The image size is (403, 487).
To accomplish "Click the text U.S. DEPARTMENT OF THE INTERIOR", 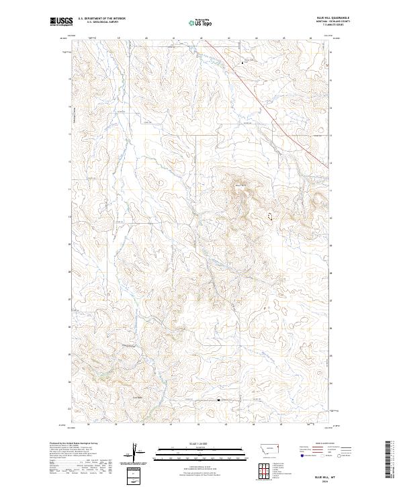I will point(101,19).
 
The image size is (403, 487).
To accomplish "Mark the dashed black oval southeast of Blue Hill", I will point(271,216).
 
